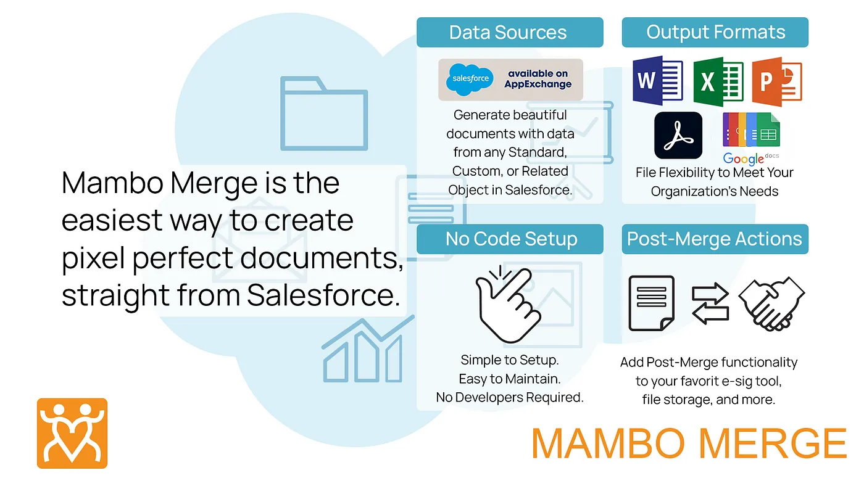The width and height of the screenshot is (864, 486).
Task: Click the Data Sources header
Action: [x=510, y=32]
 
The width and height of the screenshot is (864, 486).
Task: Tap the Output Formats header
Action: [x=715, y=32]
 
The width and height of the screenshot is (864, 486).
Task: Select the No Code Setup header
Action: [x=510, y=239]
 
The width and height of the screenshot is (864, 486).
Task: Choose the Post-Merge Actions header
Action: [x=715, y=239]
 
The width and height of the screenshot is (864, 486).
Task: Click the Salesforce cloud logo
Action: [x=470, y=79]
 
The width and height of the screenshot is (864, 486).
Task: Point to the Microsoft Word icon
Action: [x=658, y=81]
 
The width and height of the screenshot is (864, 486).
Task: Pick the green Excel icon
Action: [x=718, y=81]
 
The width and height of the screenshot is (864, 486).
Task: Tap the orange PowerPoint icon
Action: [x=777, y=81]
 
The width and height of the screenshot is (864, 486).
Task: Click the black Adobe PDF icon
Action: [x=678, y=135]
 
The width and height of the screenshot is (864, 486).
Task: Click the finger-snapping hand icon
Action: [x=509, y=304]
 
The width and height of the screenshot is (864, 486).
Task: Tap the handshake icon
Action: [x=771, y=303]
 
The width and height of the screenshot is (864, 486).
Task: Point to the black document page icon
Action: [x=652, y=303]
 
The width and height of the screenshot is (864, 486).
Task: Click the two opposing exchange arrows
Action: [x=710, y=303]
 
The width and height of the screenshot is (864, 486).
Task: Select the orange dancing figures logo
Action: [x=72, y=433]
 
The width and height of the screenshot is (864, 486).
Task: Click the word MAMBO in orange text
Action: [x=609, y=443]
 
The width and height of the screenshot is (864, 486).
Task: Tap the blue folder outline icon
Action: [x=324, y=113]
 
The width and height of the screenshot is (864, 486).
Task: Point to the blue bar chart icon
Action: [x=368, y=349]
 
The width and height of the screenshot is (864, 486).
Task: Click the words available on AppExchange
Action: [x=538, y=79]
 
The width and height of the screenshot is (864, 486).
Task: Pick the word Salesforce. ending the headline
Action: [x=323, y=295]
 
